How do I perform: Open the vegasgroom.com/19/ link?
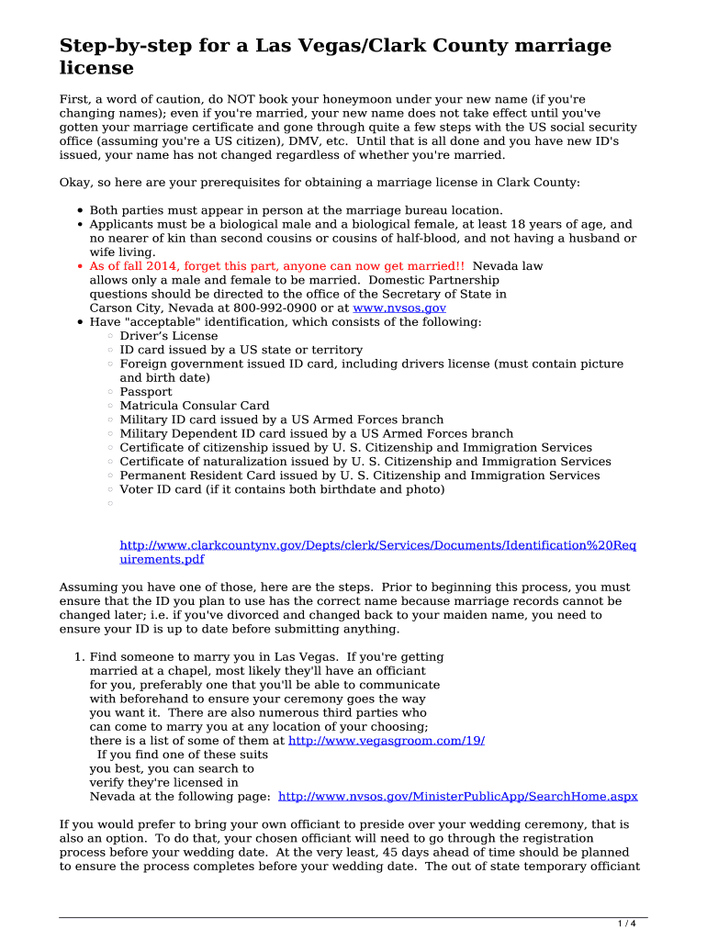[x=387, y=740]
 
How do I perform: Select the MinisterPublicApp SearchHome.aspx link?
[x=457, y=797]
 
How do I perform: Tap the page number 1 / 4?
[x=629, y=923]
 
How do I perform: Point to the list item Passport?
[x=145, y=392]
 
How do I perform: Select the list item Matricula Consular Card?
[x=194, y=406]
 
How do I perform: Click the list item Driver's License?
[x=164, y=336]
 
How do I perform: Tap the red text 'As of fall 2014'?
[x=136, y=266]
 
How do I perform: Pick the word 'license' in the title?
[x=96, y=69]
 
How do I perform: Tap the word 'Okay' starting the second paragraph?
[x=74, y=183]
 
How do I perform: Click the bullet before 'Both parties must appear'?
[x=81, y=211]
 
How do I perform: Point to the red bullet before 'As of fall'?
[x=81, y=267]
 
